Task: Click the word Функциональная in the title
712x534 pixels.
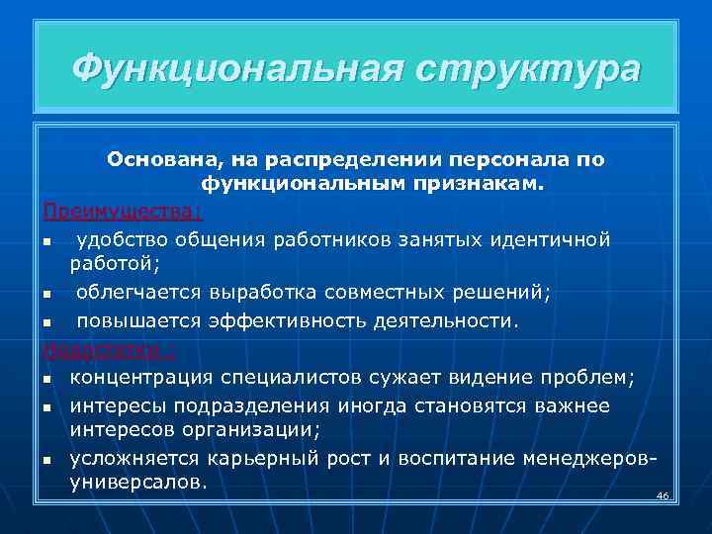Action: [235, 69]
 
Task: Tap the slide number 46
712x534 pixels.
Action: [663, 494]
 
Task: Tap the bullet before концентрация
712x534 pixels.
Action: [46, 379]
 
